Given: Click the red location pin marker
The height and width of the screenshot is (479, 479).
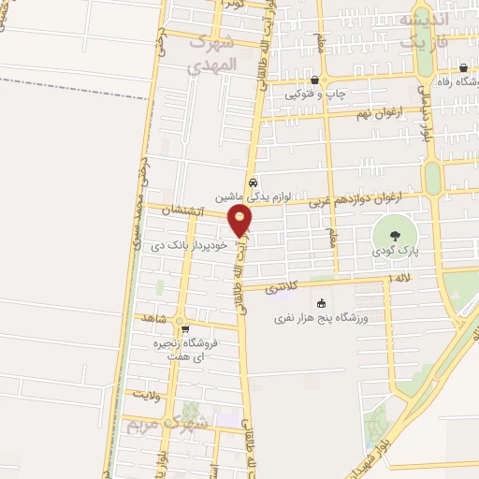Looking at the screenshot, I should pos(240,221).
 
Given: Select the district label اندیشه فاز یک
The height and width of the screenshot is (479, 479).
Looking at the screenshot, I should pos(423,30).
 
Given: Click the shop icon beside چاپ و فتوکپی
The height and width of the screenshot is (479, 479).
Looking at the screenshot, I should pos(313,80).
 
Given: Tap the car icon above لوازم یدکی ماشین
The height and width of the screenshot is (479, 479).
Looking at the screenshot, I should pos(253,182).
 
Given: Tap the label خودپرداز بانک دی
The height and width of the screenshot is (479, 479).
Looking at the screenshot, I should pos(189,246).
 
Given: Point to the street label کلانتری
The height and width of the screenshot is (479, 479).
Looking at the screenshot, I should pos(284,288).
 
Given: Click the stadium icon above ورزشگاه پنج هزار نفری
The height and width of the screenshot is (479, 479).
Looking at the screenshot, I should pos(322,303).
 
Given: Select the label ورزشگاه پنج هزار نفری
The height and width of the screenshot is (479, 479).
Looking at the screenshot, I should pos(322,319).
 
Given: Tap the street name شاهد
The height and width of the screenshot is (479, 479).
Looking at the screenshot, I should pos(152,319).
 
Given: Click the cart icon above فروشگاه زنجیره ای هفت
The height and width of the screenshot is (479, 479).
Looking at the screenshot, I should pos(184,328).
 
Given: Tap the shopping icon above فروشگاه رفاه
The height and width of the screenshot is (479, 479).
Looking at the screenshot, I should pos(464,67).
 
